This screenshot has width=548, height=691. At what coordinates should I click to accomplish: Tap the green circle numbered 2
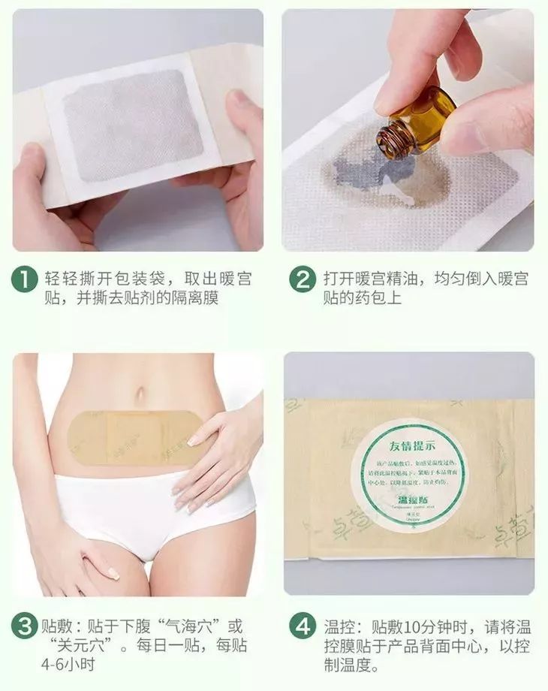pyautogui.click(x=303, y=279)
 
